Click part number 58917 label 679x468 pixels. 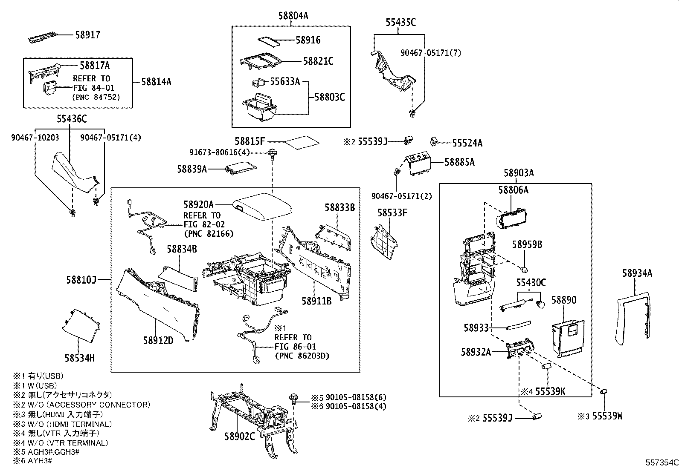pyautogui.click(x=87, y=35)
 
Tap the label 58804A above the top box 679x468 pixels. pyautogui.click(x=293, y=16)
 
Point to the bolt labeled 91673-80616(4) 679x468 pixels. pyautogui.click(x=271, y=153)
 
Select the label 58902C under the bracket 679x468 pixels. pyautogui.click(x=240, y=436)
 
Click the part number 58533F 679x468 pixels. pyautogui.click(x=392, y=212)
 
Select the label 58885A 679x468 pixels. pyautogui.click(x=459, y=162)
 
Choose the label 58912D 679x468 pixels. pyautogui.click(x=158, y=340)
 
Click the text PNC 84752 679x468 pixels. pyautogui.click(x=96, y=97)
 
